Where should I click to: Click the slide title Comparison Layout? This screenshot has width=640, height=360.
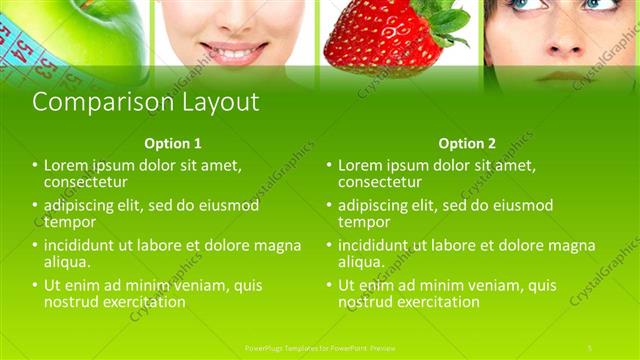point(146,102)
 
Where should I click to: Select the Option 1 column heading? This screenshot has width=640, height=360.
point(172,143)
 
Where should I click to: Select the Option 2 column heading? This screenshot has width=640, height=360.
point(467,143)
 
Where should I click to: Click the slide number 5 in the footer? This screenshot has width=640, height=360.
point(590,347)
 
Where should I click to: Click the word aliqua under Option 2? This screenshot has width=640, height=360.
point(362,262)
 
